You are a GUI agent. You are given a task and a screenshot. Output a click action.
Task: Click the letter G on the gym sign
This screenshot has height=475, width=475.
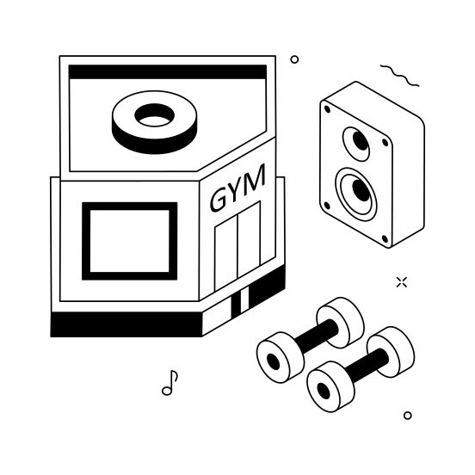click(219, 200)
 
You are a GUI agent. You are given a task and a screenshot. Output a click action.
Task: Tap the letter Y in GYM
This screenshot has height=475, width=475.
click(237, 191)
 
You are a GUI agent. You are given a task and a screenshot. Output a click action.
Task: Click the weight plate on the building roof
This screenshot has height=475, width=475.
click(156, 121)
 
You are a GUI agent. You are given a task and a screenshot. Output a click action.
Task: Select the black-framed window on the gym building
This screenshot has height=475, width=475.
click(129, 242)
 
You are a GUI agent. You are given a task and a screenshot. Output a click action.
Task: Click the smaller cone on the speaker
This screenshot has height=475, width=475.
click(355, 141)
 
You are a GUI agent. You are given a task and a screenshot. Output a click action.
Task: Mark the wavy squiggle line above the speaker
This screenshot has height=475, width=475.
click(400, 75)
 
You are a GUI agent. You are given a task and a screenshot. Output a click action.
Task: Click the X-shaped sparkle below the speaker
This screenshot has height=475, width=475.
click(401, 281)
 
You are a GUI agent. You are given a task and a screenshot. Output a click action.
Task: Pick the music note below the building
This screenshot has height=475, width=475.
click(170, 383)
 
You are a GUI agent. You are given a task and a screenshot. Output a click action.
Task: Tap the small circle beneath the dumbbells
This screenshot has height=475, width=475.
click(407, 415)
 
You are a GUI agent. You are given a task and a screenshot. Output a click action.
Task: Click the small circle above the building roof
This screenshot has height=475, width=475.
click(294, 59)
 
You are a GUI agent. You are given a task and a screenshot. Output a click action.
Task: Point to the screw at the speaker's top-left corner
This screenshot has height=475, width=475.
click(328, 108)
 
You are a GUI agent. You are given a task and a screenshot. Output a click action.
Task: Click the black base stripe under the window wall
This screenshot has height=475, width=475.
click(125, 324)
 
